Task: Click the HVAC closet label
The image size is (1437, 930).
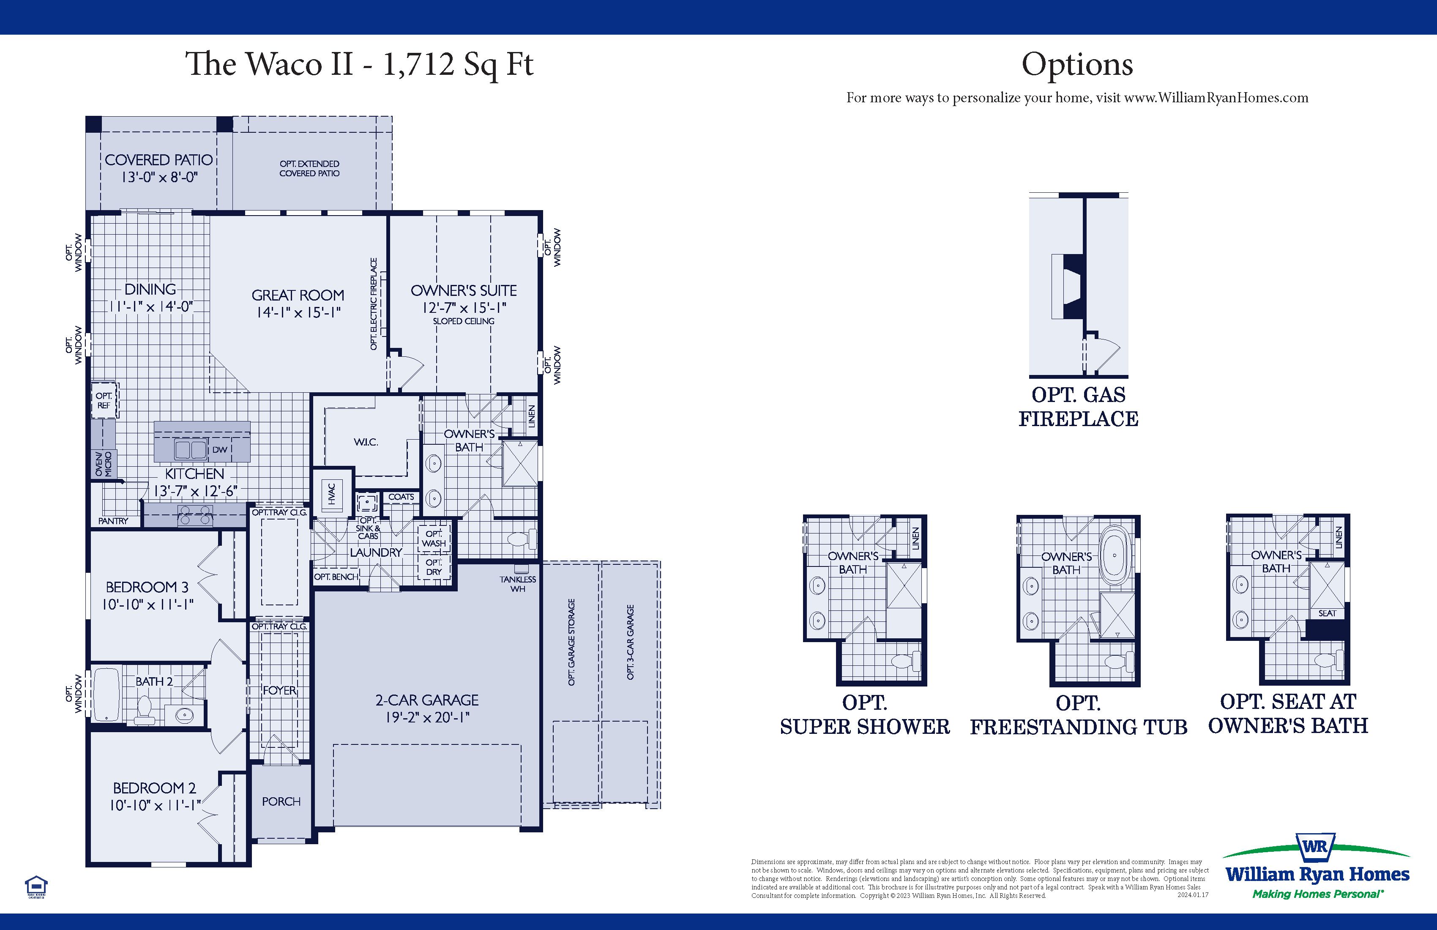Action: pyautogui.click(x=331, y=493)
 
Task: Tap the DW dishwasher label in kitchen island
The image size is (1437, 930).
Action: pyautogui.click(x=220, y=449)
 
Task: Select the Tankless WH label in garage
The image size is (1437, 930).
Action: pyautogui.click(x=517, y=584)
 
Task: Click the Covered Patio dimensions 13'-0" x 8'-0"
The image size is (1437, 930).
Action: pyautogui.click(x=159, y=178)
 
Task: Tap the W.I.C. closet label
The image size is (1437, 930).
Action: pyautogui.click(x=366, y=442)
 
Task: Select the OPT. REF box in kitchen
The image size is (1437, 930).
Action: pyautogui.click(x=104, y=400)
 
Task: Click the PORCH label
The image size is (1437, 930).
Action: pyautogui.click(x=281, y=801)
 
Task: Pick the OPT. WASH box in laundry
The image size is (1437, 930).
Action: pyautogui.click(x=434, y=538)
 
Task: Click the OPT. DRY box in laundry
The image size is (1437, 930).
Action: pyautogui.click(x=434, y=567)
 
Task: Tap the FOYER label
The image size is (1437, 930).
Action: pyautogui.click(x=279, y=690)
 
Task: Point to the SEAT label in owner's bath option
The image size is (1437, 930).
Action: pyautogui.click(x=1327, y=613)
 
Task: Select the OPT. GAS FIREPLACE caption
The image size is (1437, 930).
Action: pyautogui.click(x=1078, y=406)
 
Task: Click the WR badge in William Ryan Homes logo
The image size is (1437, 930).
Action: pyautogui.click(x=1315, y=846)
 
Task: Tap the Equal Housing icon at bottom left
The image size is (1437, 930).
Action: pyautogui.click(x=36, y=887)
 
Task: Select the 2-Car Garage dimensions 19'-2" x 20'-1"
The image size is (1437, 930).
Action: pyautogui.click(x=427, y=717)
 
